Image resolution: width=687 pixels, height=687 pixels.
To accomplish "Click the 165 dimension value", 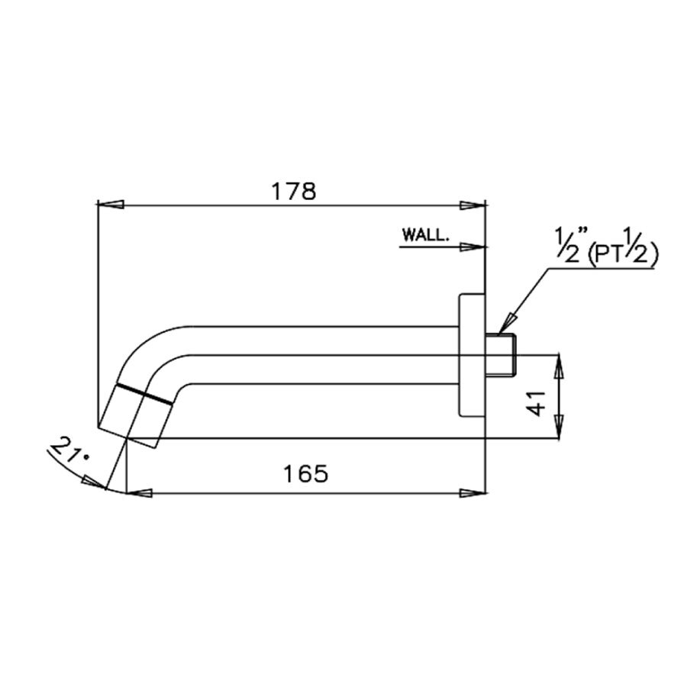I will (x=305, y=473).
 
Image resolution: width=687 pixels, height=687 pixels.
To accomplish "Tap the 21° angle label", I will (x=68, y=453).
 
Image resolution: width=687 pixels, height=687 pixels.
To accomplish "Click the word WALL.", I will (x=425, y=236).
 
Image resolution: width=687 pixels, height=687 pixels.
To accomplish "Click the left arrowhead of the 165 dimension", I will (x=138, y=492).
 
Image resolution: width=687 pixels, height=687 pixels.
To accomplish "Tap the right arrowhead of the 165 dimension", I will (x=474, y=492).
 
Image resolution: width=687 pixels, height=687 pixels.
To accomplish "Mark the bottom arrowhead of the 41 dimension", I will (x=560, y=427).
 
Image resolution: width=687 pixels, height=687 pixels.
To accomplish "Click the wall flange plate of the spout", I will (x=470, y=354).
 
